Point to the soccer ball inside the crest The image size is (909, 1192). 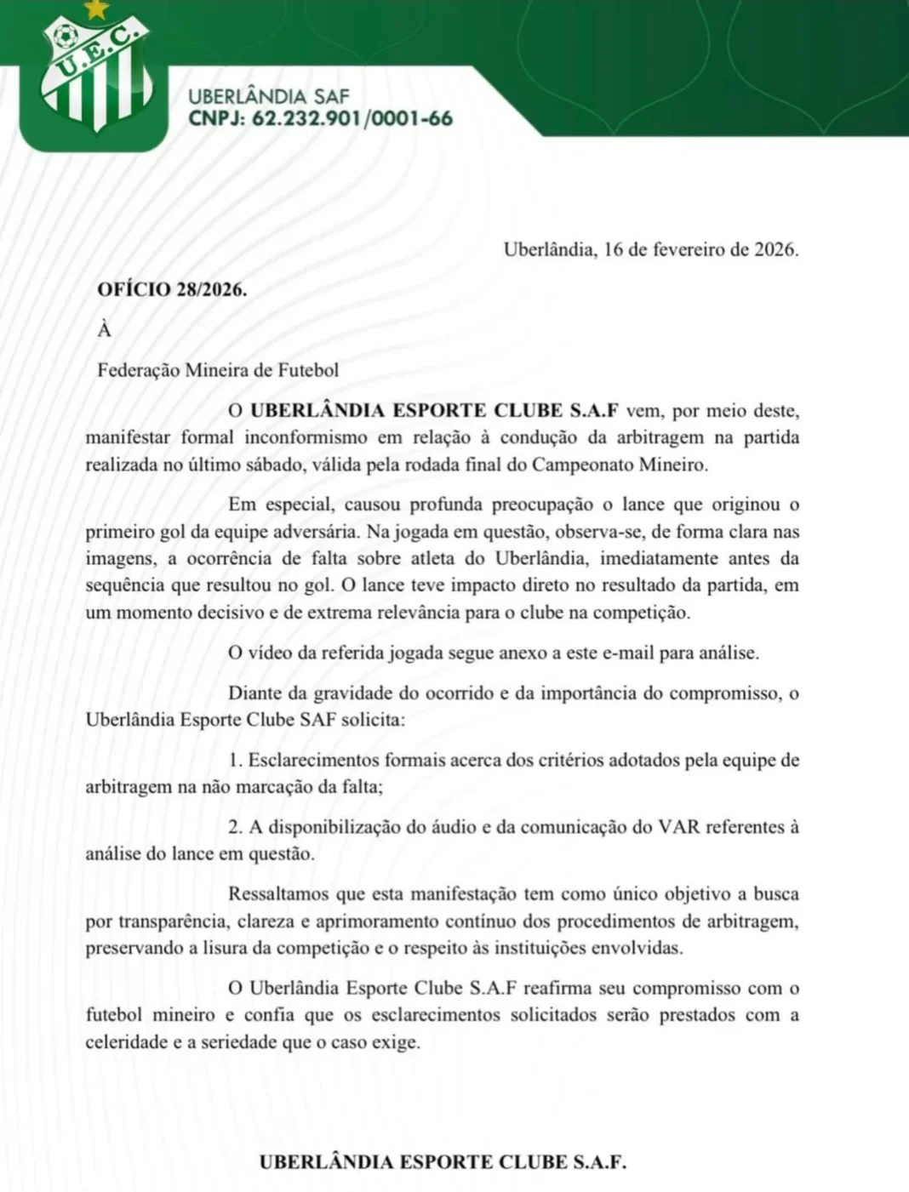click(x=64, y=37)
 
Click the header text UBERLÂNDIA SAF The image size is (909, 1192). click(x=268, y=97)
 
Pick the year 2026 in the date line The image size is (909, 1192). click(x=775, y=250)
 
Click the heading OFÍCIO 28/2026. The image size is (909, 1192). click(x=172, y=289)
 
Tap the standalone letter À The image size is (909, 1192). click(x=105, y=330)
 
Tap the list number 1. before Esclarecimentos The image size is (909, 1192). click(x=236, y=760)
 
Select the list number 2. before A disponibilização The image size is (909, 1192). click(x=236, y=827)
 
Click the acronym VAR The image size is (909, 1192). click(x=678, y=827)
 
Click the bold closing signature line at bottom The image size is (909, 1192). click(x=443, y=1162)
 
